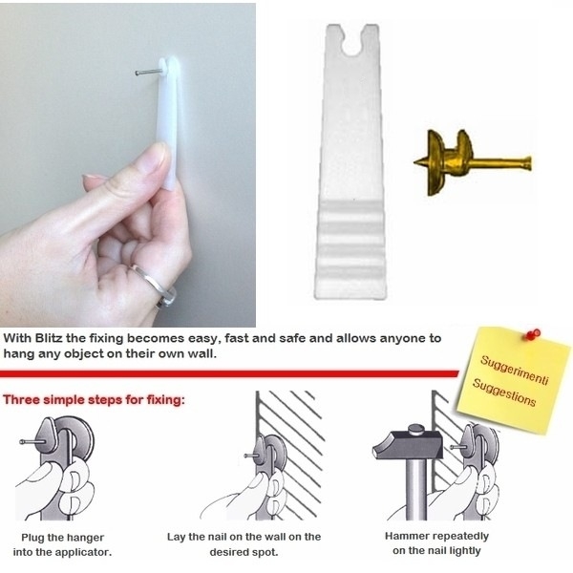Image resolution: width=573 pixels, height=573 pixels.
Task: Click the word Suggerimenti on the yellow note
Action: click(x=515, y=370)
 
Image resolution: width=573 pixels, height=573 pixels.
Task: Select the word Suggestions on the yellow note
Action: click(x=504, y=393)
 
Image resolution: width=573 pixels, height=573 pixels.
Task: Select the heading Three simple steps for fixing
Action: click(x=94, y=399)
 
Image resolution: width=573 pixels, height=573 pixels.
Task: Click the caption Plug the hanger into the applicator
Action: click(x=62, y=544)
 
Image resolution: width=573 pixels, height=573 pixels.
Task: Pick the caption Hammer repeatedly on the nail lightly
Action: click(x=436, y=543)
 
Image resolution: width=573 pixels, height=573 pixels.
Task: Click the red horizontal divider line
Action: click(x=229, y=373)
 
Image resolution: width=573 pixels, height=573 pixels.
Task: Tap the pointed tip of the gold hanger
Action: click(x=415, y=162)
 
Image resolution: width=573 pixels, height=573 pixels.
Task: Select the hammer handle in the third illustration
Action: click(x=415, y=489)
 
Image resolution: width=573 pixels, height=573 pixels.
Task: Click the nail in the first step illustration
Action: click(x=32, y=441)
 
